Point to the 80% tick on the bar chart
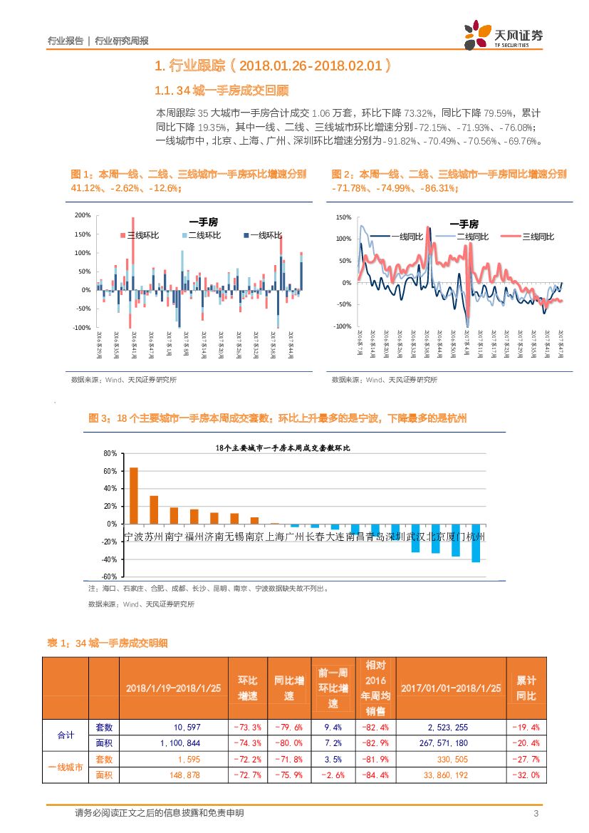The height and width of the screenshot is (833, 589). (110, 454)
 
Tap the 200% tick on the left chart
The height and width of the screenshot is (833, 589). (82, 215)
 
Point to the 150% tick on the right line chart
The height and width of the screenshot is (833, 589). (343, 217)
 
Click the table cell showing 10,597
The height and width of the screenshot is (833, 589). (187, 728)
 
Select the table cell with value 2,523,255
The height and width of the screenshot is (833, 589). (448, 728)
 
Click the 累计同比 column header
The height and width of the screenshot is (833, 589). (526, 688)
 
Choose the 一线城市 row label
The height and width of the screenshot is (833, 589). (65, 767)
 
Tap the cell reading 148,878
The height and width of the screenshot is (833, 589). (187, 775)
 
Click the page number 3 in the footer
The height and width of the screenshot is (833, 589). (536, 814)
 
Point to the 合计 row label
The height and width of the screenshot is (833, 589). (65, 735)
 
